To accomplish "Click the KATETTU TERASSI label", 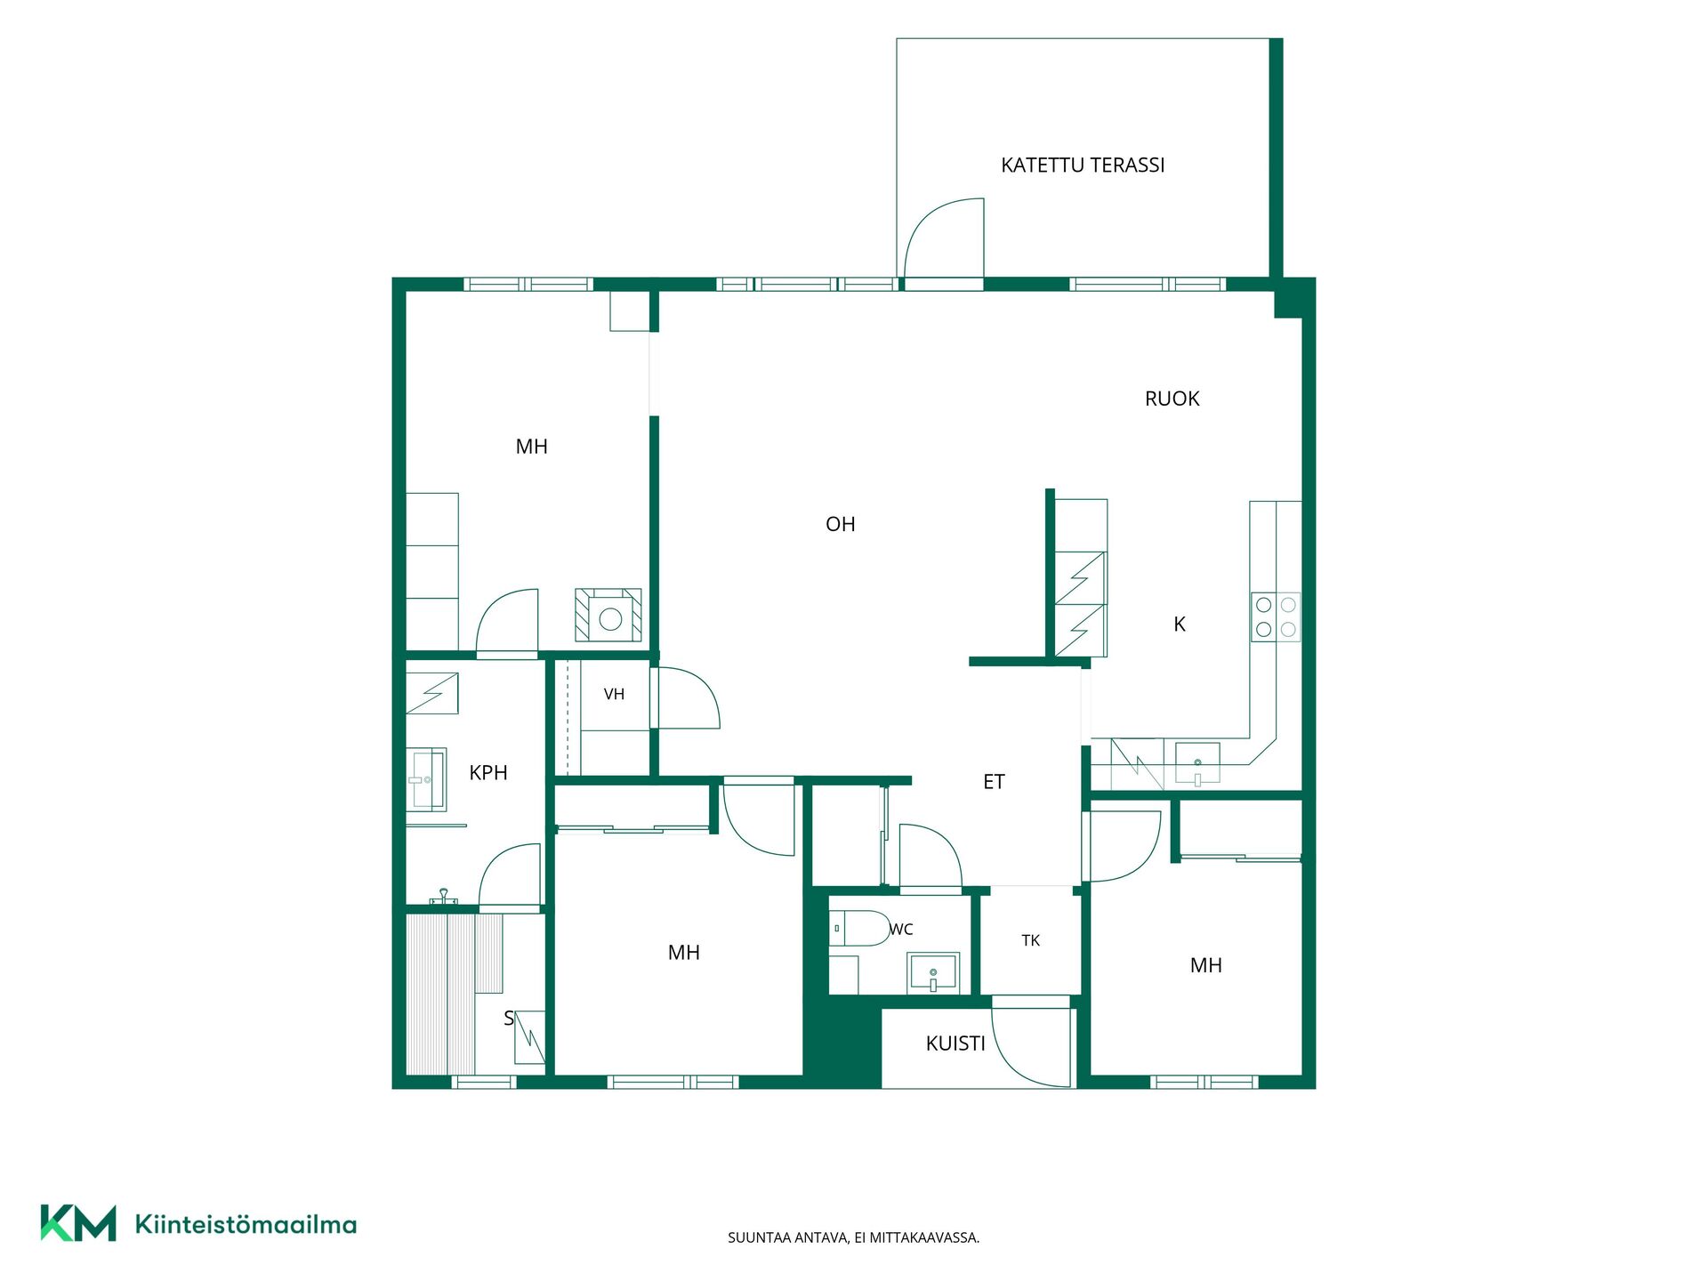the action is (x=1083, y=165).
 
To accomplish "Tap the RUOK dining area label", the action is (x=1172, y=399).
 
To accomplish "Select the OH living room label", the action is (x=840, y=524).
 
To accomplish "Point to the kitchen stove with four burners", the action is (x=1276, y=617).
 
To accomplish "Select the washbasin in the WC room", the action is (x=933, y=972).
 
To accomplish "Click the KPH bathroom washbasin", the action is (x=427, y=780).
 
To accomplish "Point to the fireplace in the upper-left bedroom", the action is (x=608, y=615).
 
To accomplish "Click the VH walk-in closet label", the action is (x=614, y=694).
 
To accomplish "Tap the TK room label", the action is (x=1031, y=940).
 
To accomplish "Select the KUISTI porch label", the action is (x=955, y=1043).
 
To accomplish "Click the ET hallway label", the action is (x=994, y=782).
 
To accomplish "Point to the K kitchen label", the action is (x=1180, y=624).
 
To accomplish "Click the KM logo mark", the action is (x=78, y=1223).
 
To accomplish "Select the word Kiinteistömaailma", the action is (x=246, y=1224).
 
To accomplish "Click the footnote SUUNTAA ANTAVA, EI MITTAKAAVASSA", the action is (x=853, y=1237).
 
